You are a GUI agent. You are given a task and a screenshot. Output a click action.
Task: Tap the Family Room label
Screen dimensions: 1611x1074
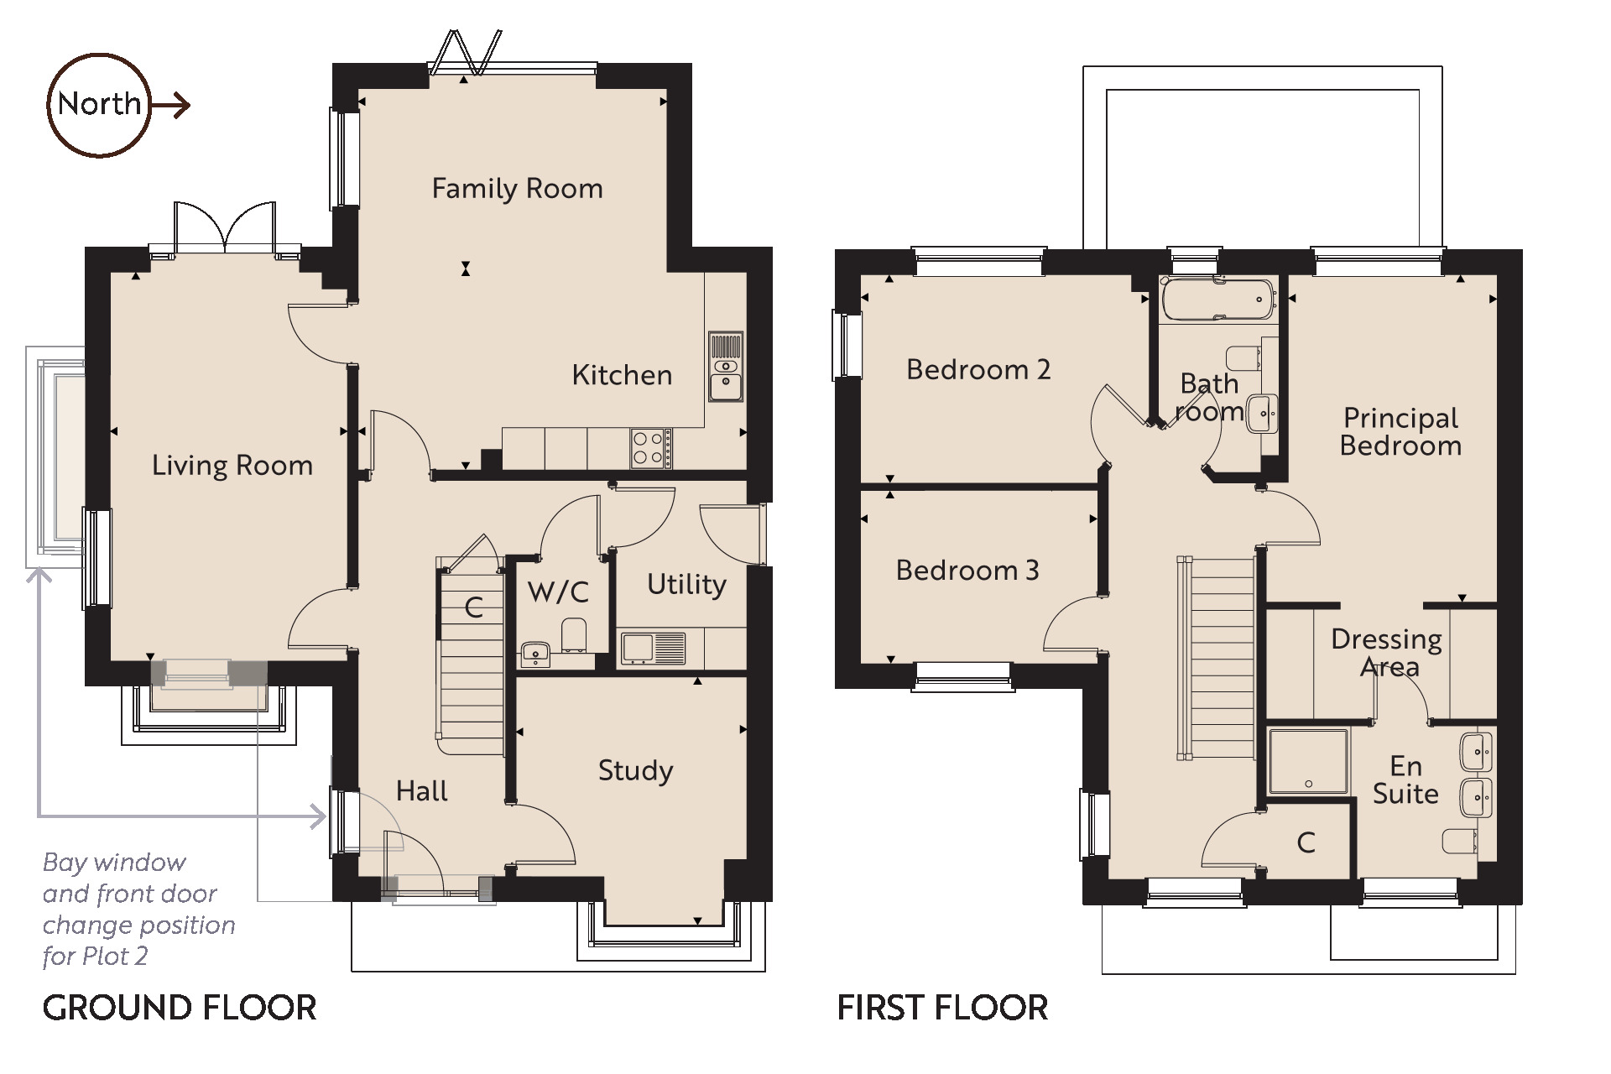517,189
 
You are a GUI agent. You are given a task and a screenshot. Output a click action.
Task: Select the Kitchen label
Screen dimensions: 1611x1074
622,375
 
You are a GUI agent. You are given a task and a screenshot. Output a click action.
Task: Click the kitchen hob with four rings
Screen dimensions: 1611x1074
651,448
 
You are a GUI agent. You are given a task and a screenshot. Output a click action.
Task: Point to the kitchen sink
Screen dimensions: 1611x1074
726,367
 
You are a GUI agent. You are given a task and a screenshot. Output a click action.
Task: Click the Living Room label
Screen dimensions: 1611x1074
232,466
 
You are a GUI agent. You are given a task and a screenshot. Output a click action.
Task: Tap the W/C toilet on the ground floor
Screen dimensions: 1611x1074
574,635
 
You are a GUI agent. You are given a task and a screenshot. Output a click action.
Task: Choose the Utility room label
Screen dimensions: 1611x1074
686,585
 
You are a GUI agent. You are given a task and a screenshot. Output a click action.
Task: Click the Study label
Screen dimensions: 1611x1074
635,771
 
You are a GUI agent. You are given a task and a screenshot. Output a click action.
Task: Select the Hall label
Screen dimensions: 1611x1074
421,791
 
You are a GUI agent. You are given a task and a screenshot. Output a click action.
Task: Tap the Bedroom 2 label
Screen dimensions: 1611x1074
978,370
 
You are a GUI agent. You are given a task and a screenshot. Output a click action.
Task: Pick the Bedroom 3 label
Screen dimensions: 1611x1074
967,571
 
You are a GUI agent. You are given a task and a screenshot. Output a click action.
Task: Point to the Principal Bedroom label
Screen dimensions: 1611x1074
1400,431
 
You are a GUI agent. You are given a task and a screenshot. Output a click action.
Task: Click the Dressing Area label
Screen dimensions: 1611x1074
1387,653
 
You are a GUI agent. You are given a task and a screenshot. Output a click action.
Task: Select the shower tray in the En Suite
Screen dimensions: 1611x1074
1309,761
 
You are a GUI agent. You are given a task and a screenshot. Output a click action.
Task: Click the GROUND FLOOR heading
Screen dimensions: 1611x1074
180,1008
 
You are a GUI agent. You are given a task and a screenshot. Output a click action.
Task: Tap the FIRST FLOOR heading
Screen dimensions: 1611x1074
942,1008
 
